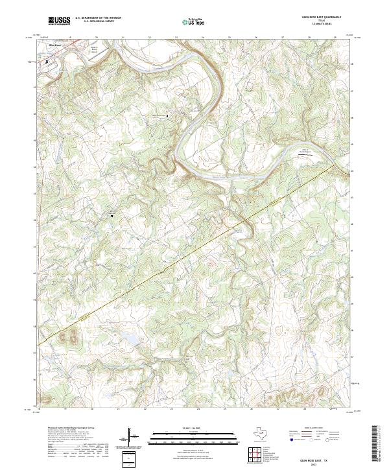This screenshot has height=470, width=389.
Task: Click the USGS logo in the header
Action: (59, 20)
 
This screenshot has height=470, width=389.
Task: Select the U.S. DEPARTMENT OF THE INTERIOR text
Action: (98, 18)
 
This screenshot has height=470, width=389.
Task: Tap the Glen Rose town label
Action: (47, 45)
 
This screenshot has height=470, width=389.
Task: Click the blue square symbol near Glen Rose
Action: (47, 62)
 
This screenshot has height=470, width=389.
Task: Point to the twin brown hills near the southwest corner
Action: (68, 336)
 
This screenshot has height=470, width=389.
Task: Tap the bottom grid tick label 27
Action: (283, 410)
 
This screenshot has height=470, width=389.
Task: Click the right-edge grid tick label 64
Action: (352, 170)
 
